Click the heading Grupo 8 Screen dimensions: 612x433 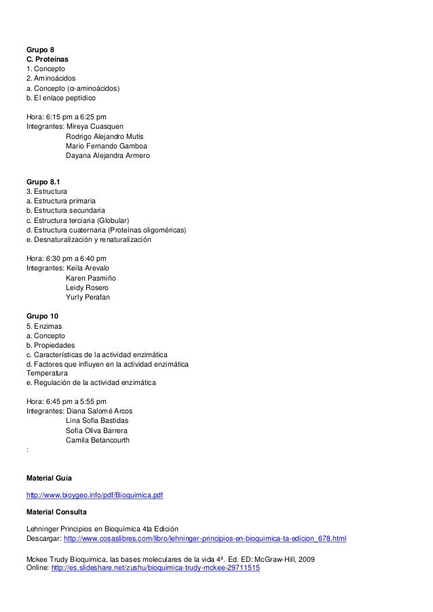coord(40,49)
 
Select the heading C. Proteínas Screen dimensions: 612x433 coord(47,60)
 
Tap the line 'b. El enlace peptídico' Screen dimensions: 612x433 coord(61,98)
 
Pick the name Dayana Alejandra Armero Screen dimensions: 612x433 coord(108,156)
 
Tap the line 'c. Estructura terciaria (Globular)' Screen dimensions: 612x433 coord(78,220)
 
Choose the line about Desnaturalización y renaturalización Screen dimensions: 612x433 coord(88,240)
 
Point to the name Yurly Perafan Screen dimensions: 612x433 coord(88,297)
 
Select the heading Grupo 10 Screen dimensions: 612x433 coord(42,316)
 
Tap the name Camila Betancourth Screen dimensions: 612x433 coord(98,440)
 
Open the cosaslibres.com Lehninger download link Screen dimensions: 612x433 coord(204,539)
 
